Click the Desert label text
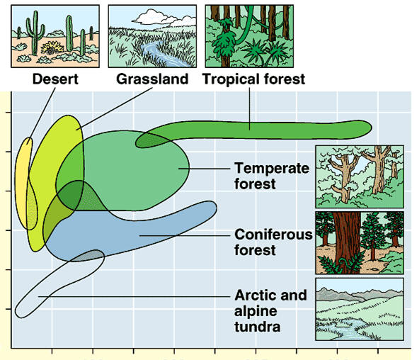coord(55,79)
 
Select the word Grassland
coord(152,79)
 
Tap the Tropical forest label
coord(253,79)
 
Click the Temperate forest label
coord(272,176)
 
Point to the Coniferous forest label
coord(274,242)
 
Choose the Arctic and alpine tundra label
coord(270,310)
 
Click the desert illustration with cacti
coord(55,36)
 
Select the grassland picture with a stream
coord(152,36)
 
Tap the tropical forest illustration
coord(249,36)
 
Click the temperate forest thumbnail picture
coord(360,176)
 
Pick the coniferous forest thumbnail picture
coord(360,243)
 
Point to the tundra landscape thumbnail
coord(360,309)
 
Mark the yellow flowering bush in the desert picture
coord(52,48)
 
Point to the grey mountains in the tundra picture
coord(359,294)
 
